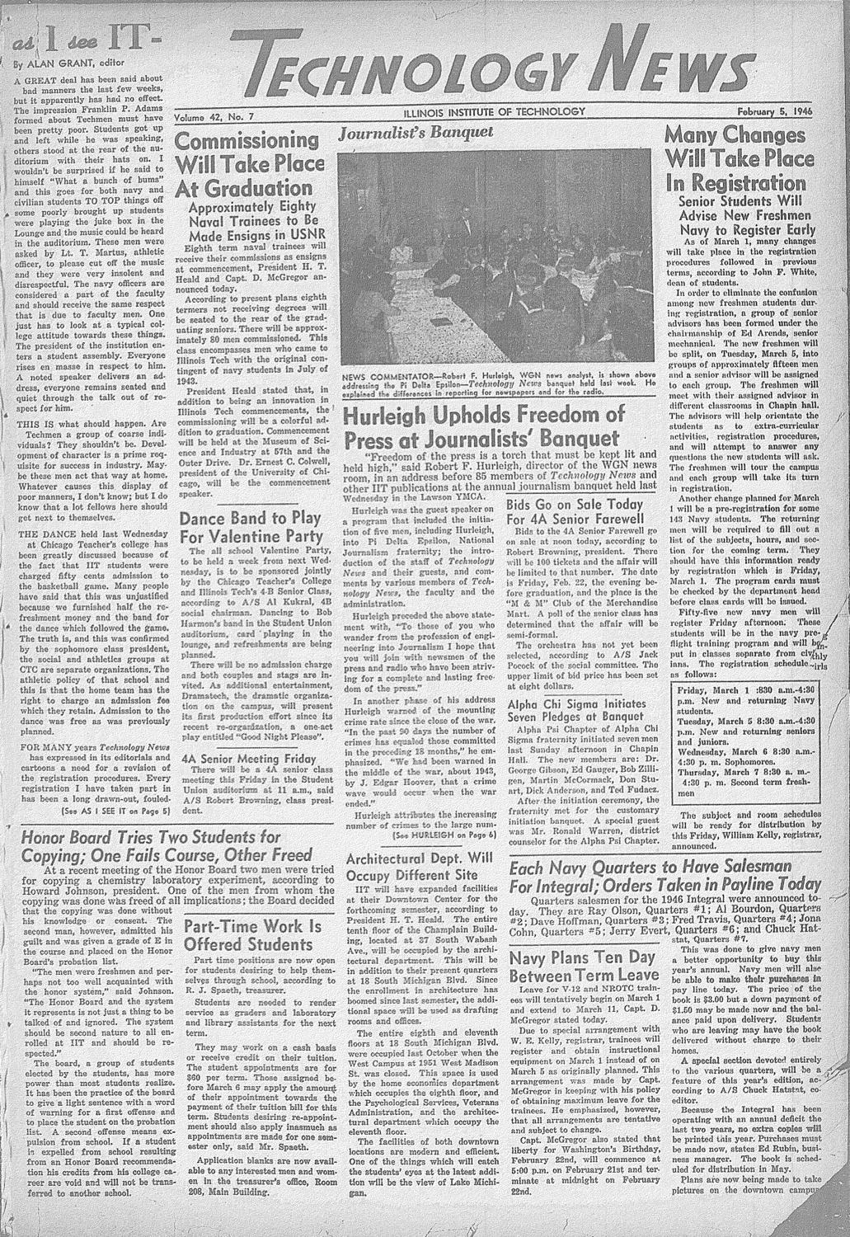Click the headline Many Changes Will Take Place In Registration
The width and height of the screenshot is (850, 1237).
(x=748, y=159)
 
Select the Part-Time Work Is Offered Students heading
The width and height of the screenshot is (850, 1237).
(x=251, y=934)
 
